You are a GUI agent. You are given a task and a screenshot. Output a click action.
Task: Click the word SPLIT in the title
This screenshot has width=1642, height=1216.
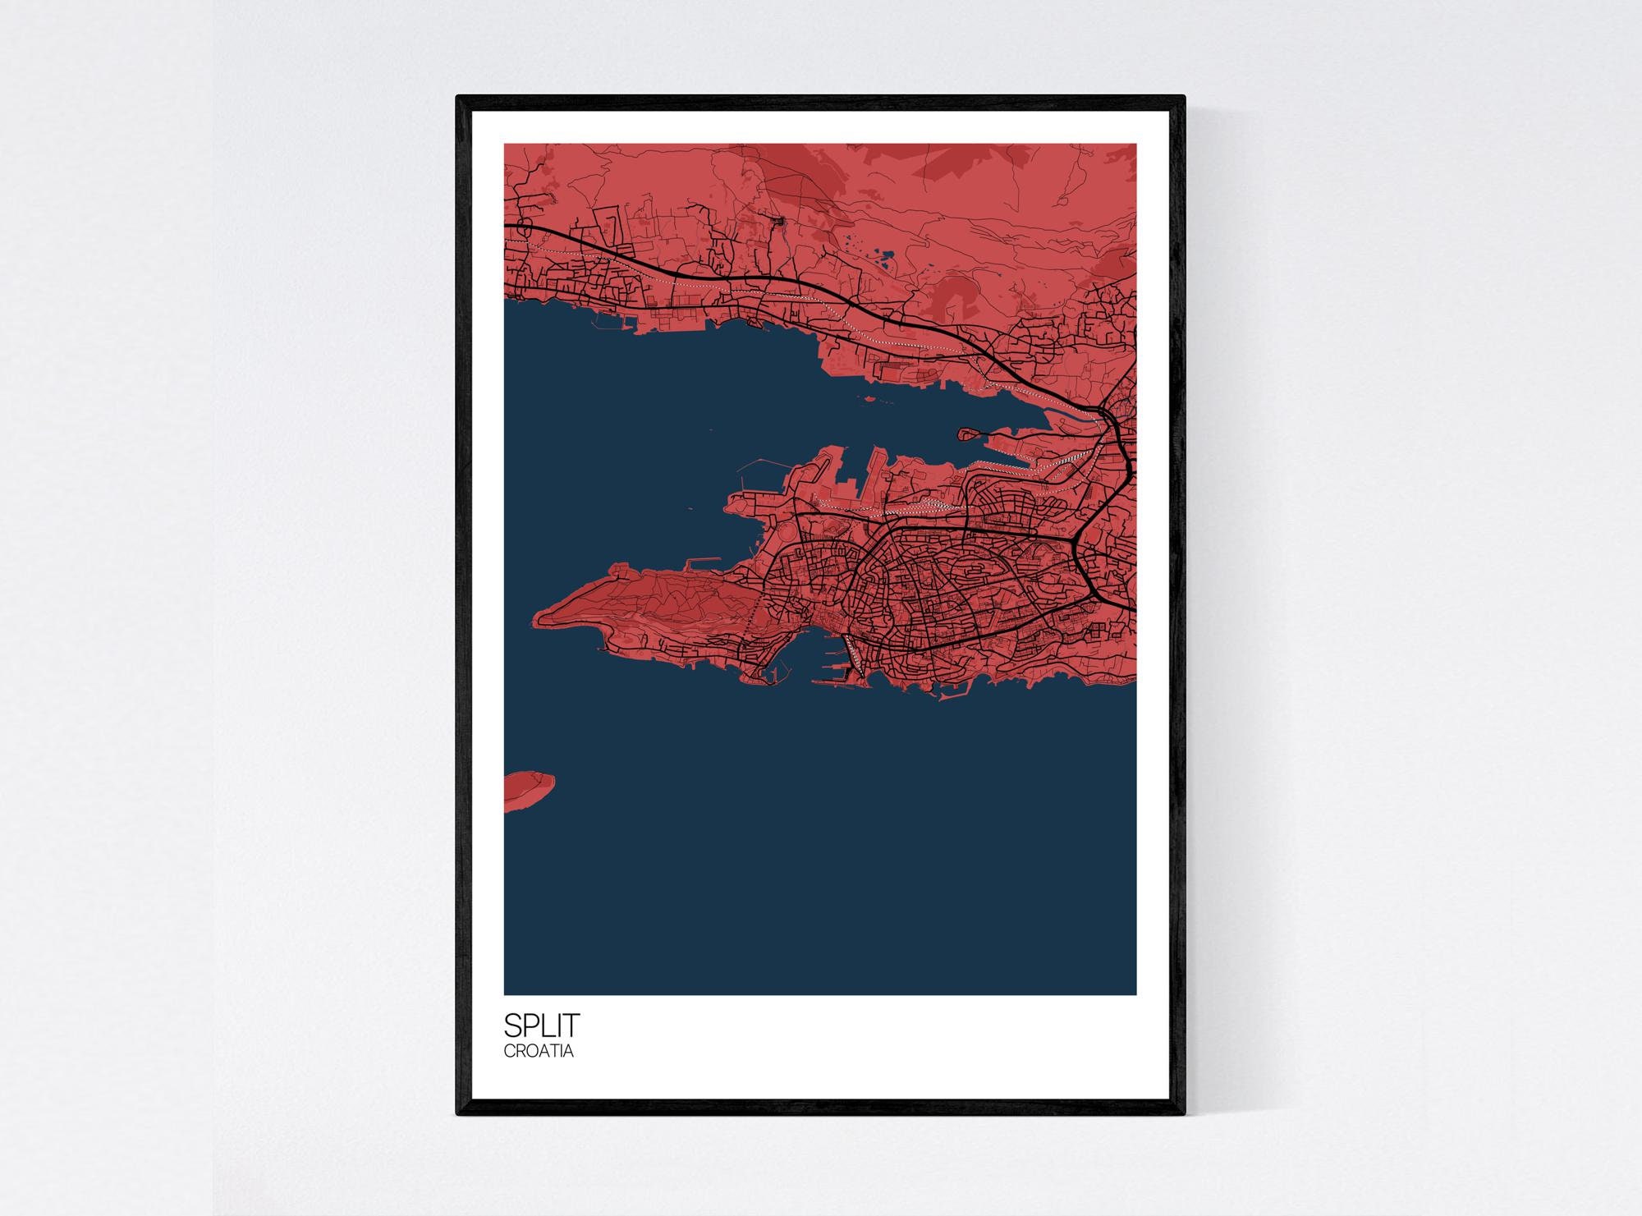click(x=541, y=1025)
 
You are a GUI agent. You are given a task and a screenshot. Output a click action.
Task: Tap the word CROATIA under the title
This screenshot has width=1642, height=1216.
click(x=539, y=1050)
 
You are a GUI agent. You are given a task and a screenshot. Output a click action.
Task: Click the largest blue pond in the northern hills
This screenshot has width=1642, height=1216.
click(x=885, y=262)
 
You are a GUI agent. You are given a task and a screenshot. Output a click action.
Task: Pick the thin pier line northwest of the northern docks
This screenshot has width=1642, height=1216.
click(x=751, y=471)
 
